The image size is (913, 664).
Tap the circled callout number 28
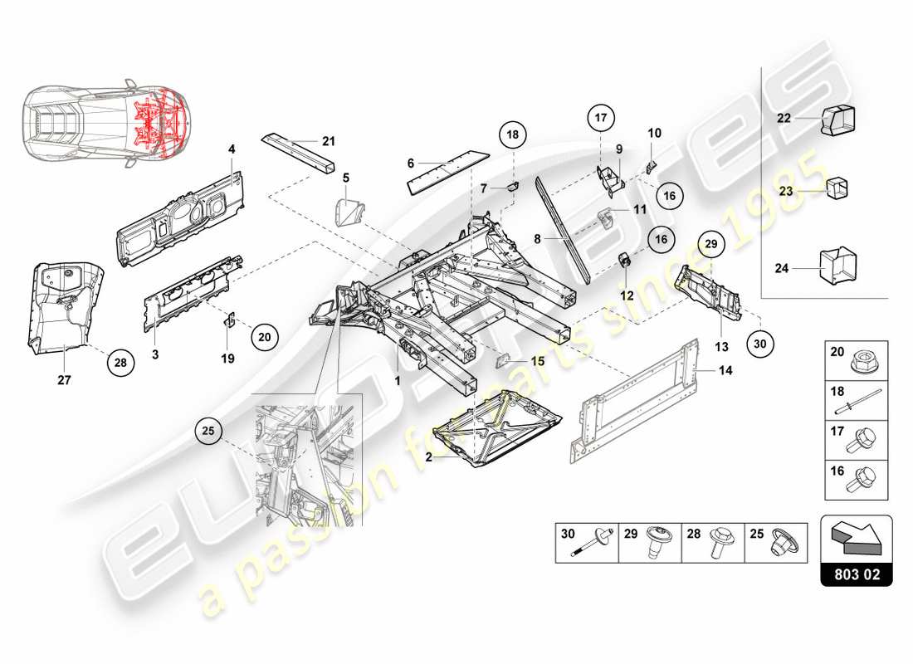click(x=121, y=362)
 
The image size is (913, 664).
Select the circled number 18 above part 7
click(x=513, y=135)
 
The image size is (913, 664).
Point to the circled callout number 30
click(x=760, y=342)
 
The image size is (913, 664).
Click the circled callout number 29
click(x=710, y=243)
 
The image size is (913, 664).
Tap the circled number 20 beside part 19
click(x=264, y=337)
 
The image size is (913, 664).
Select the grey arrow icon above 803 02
click(x=855, y=535)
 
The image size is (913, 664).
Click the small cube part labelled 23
click(x=837, y=189)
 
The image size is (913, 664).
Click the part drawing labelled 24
click(x=838, y=267)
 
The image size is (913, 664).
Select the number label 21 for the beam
click(x=328, y=141)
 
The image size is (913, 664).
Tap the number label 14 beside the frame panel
click(x=725, y=371)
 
